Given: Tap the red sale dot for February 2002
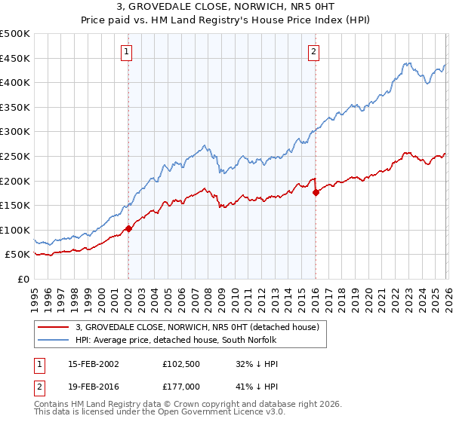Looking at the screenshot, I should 128,228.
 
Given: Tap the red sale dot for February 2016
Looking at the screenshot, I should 316,192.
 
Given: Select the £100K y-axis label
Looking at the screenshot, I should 15,230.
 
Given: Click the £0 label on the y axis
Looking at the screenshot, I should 23,279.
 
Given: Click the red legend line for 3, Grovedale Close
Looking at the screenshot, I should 54,327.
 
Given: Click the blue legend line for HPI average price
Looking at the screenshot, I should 54,339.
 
